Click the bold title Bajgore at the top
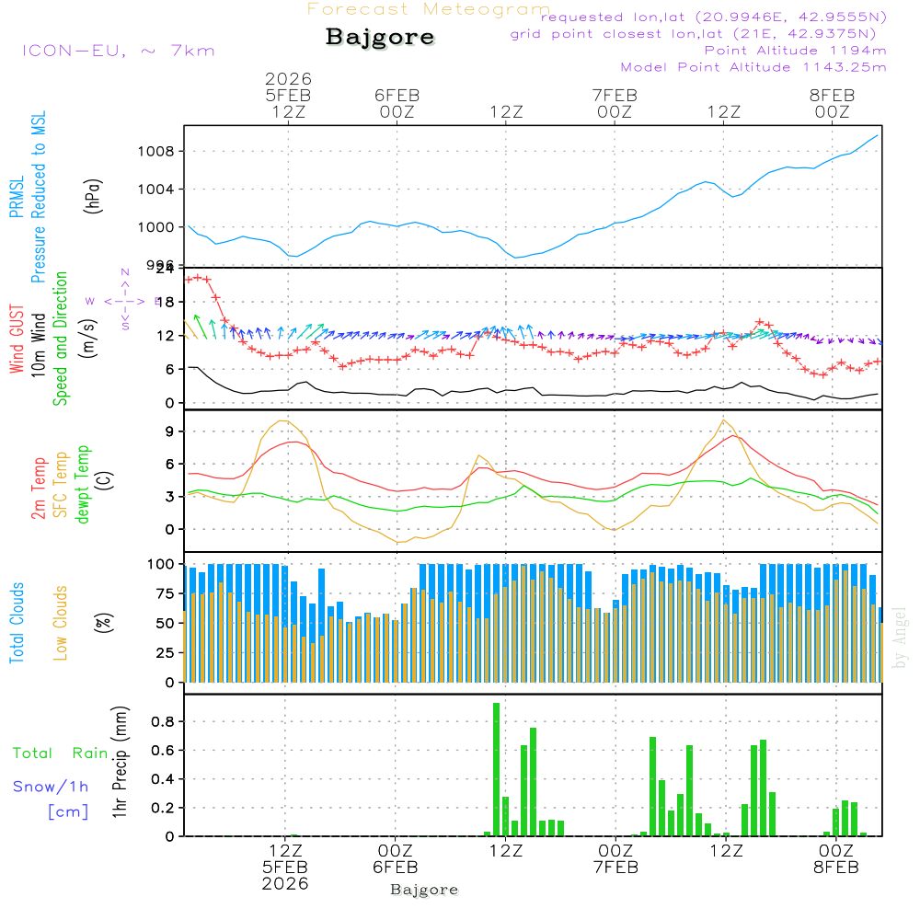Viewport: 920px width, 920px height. pyautogui.click(x=380, y=38)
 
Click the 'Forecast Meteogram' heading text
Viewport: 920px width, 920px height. pyautogui.click(x=429, y=9)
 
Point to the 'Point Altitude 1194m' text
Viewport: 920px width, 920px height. pyautogui.click(x=795, y=51)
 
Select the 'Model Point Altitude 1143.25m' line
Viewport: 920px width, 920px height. pyautogui.click(x=753, y=67)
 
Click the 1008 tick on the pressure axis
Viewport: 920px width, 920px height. pyautogui.click(x=160, y=151)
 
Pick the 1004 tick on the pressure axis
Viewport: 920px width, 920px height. pyautogui.click(x=160, y=190)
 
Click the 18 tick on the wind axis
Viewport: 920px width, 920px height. pyautogui.click(x=166, y=302)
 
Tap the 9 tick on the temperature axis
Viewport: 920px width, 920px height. pyautogui.click(x=169, y=431)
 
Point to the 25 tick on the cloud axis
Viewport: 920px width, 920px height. pyautogui.click(x=166, y=653)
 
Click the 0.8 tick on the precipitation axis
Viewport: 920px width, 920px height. pyautogui.click(x=162, y=721)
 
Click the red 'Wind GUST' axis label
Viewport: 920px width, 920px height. pyautogui.click(x=17, y=340)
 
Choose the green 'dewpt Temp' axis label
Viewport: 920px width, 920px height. pyautogui.click(x=84, y=484)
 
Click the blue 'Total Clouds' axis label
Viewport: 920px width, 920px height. pyautogui.click(x=17, y=622)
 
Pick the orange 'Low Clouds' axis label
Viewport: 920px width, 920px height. pyautogui.click(x=62, y=622)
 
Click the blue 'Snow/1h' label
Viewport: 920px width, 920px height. pyautogui.click(x=52, y=787)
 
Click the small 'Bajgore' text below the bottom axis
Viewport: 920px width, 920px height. pyautogui.click(x=424, y=890)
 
